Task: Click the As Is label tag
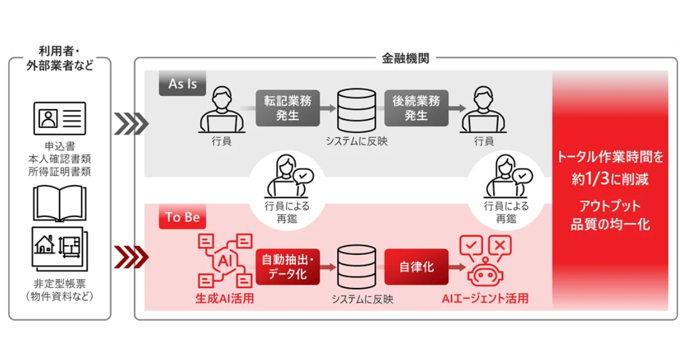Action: tap(182, 84)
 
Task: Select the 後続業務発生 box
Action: tap(416, 107)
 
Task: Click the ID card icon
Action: tap(59, 119)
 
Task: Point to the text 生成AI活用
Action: tap(224, 298)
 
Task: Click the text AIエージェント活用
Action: tap(485, 298)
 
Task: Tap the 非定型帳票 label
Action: tap(59, 284)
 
